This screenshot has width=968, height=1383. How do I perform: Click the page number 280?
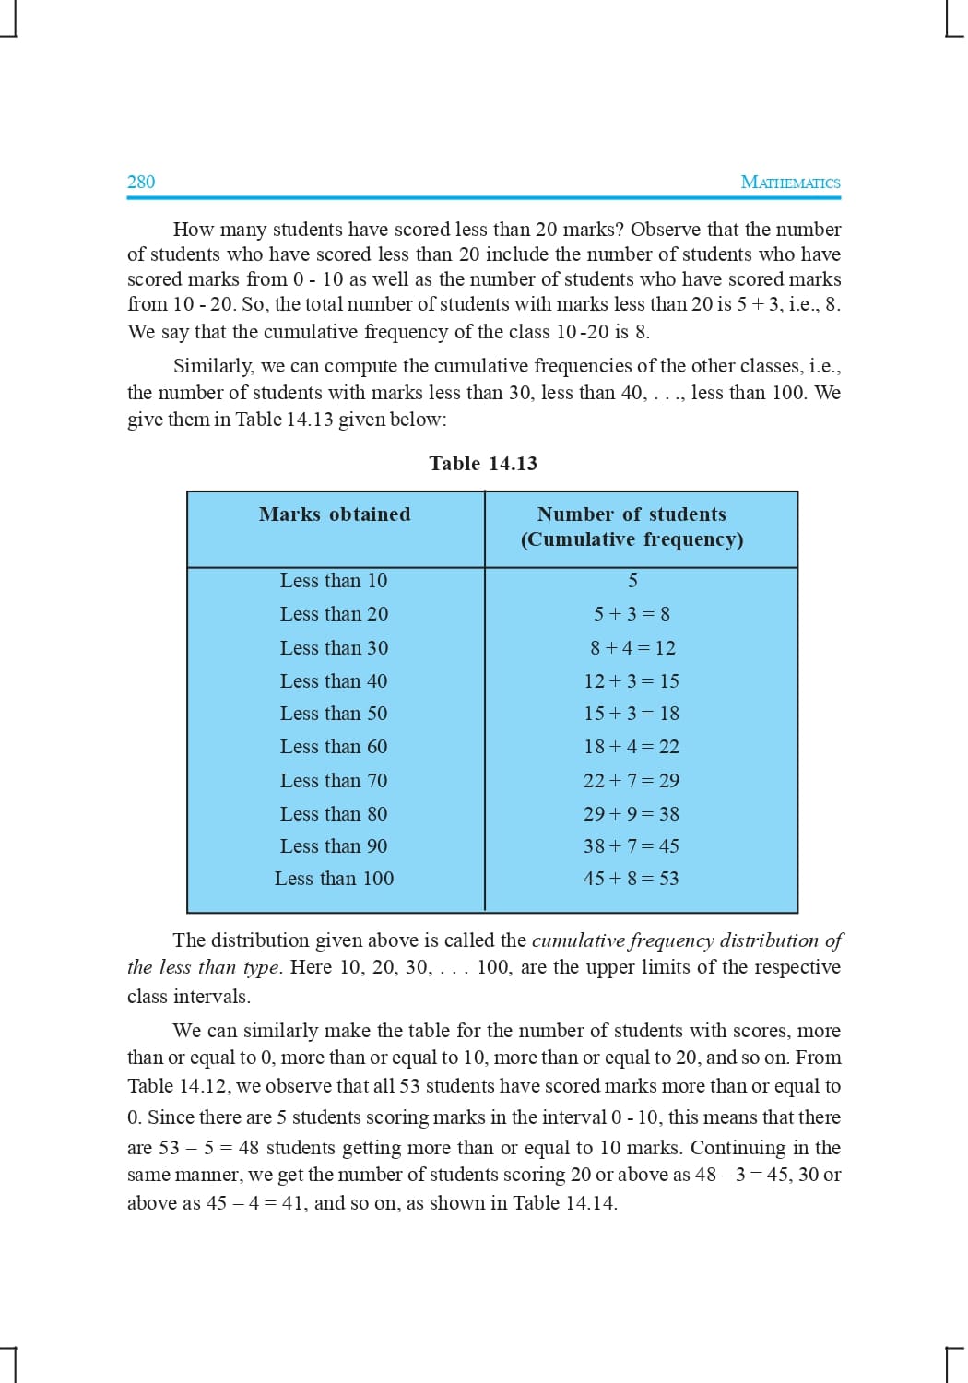point(141,182)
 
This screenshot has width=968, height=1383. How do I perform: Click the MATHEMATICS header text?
point(790,183)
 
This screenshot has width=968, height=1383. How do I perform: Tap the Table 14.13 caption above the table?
point(483,464)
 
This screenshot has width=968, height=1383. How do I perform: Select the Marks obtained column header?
point(335,514)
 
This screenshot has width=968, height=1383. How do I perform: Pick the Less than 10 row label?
point(334,581)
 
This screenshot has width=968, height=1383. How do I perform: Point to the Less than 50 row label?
point(334,714)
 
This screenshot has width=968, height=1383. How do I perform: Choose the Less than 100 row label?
point(334,879)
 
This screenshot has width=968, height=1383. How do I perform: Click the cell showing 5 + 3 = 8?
point(632,614)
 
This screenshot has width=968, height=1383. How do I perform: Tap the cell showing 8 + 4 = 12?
point(632,648)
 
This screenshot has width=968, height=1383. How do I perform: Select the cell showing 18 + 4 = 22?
point(632,747)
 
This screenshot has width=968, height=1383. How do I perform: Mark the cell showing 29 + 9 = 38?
point(632,814)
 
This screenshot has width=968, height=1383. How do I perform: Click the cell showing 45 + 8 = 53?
point(632,879)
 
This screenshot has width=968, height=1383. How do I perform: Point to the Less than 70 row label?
point(334,781)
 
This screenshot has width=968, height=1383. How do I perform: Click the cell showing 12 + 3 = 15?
point(632,681)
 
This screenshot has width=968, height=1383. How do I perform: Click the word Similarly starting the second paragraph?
point(213,366)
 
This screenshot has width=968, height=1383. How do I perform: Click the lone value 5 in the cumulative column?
point(632,581)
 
